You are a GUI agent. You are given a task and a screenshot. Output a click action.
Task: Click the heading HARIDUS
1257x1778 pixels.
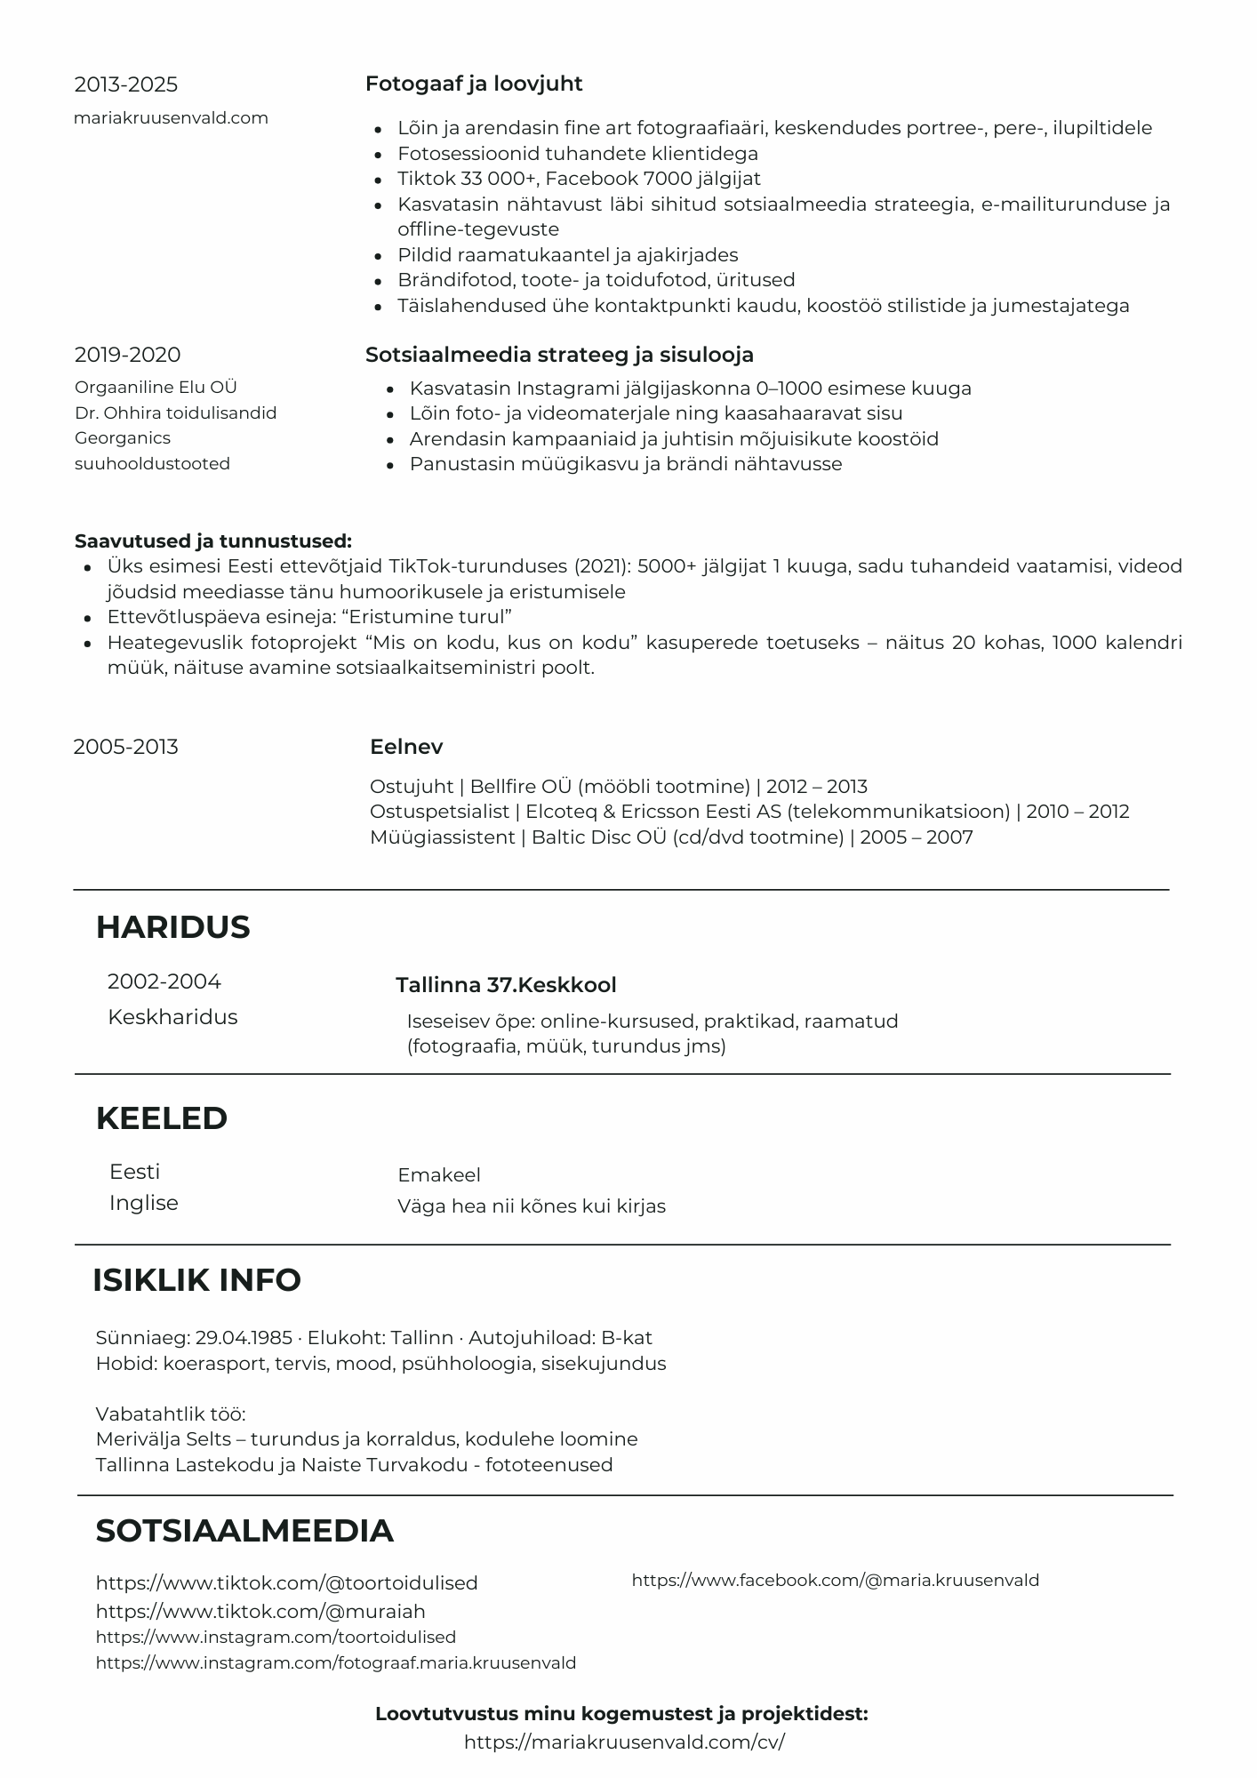[x=172, y=927]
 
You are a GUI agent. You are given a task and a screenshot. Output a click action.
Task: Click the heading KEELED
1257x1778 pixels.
[x=161, y=1118]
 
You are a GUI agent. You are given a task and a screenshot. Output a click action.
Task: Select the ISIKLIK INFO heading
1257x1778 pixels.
[x=196, y=1280]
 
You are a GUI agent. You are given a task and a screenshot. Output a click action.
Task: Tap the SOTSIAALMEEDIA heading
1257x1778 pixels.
[x=244, y=1531]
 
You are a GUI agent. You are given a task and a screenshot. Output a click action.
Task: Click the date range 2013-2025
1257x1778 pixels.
[x=125, y=84]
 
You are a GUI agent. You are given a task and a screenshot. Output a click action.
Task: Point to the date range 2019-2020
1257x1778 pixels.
[x=127, y=355]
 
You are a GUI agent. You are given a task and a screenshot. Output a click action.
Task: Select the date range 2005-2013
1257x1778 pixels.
[x=125, y=747]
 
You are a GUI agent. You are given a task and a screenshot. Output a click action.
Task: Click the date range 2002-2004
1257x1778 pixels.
[x=164, y=981]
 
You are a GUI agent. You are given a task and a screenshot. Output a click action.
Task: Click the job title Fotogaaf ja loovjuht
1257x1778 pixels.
[x=474, y=84]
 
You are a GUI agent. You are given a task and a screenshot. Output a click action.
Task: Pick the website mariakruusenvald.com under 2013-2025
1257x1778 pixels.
[x=171, y=118]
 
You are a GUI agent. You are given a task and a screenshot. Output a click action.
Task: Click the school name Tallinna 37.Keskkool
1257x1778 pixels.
[x=506, y=985]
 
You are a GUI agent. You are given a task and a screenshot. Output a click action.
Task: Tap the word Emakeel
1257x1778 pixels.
[x=439, y=1175]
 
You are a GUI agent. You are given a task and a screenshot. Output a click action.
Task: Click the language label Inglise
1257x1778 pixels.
[x=143, y=1203]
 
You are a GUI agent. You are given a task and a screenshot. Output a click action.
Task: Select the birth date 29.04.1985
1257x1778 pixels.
[x=244, y=1338]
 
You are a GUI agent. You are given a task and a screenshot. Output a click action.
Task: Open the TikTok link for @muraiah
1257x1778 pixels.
[x=260, y=1612]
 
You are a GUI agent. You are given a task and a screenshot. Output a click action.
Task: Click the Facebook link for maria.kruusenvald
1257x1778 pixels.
[x=835, y=1581]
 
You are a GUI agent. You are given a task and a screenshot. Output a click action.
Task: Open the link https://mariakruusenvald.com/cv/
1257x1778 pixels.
[x=624, y=1742]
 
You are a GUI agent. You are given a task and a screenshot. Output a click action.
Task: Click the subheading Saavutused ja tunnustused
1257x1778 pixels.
[x=212, y=541]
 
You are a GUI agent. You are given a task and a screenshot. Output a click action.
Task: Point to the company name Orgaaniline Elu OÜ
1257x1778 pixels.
[x=156, y=388]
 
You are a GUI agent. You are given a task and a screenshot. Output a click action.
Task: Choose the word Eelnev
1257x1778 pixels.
[x=406, y=747]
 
